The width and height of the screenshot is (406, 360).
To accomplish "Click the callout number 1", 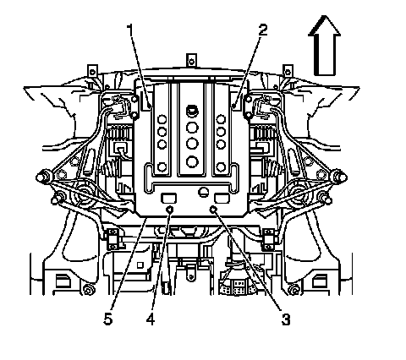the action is click(x=130, y=30).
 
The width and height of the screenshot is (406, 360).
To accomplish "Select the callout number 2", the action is click(x=262, y=30).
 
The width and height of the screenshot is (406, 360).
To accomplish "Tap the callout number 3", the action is click(x=286, y=319).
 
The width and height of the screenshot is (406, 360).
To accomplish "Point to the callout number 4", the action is click(x=151, y=319).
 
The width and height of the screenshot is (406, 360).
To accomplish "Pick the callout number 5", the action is click(x=108, y=319).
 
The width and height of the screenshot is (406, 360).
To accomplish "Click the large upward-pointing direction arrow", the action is click(x=325, y=46).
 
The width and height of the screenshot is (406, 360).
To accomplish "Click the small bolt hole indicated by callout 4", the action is click(x=170, y=209).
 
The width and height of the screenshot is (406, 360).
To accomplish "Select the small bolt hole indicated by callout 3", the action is click(x=213, y=209).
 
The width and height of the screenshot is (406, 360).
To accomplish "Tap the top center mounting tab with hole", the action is click(x=191, y=60).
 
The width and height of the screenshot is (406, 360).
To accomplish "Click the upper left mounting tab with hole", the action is click(x=92, y=72).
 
